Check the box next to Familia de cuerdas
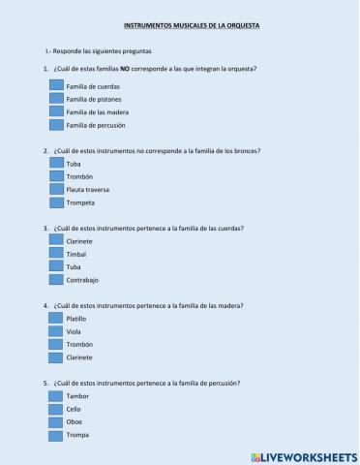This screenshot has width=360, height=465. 56,86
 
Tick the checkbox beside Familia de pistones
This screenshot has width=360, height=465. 56,99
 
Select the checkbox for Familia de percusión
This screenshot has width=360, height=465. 56,125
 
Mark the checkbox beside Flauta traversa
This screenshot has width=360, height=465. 56,190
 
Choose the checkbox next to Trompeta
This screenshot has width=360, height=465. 56,202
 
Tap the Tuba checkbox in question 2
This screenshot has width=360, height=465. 56,164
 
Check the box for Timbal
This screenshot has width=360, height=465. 56,254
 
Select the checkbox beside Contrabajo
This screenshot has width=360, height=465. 56,279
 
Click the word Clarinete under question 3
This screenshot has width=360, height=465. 79,241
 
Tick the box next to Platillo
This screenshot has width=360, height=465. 56,318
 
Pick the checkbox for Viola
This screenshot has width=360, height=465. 56,331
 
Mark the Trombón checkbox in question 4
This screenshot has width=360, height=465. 56,344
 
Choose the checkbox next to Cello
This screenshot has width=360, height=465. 56,409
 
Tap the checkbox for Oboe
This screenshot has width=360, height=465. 56,421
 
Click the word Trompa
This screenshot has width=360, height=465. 78,434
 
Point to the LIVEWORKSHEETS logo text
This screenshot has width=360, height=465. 303,454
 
